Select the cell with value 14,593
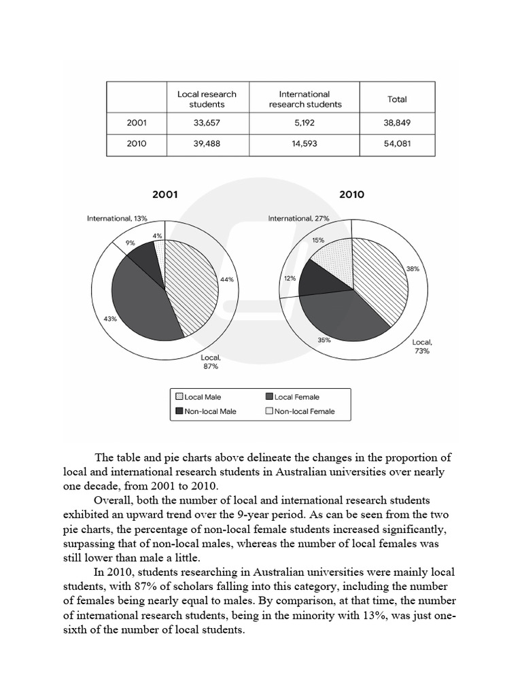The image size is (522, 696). [304, 145]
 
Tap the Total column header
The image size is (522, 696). [397, 99]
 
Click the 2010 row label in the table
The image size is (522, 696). [137, 145]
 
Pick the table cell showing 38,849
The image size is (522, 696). [397, 123]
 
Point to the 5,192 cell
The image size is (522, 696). [304, 123]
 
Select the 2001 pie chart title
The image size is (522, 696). [164, 194]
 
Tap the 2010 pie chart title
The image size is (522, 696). [351, 194]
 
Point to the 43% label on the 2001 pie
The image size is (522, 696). [109, 318]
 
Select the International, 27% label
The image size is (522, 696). [298, 219]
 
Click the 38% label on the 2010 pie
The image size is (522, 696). [413, 268]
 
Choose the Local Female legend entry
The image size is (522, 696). [296, 397]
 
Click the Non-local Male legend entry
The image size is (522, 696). [210, 411]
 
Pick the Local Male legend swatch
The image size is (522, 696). [179, 397]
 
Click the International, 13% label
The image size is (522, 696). [117, 219]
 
